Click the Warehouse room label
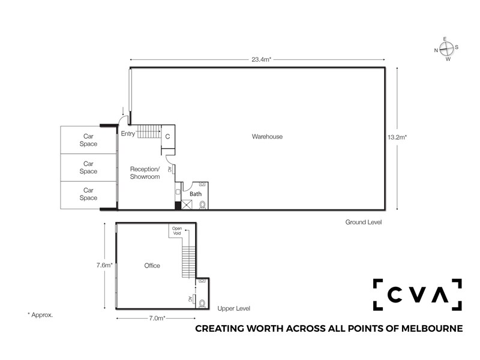[267, 137]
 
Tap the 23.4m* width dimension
[262, 59]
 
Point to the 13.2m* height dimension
[397, 137]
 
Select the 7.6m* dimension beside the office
[104, 265]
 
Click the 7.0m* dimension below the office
[157, 318]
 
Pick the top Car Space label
[88, 140]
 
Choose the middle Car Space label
[88, 167]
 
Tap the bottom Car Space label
[88, 194]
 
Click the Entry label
[128, 133]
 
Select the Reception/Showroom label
[145, 173]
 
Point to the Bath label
[196, 194]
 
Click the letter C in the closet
[167, 137]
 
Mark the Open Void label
[177, 231]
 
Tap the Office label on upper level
[152, 265]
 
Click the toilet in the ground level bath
[202, 204]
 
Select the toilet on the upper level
[202, 304]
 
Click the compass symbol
[446, 49]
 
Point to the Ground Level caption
[364, 222]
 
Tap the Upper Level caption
[233, 308]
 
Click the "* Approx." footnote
[40, 314]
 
